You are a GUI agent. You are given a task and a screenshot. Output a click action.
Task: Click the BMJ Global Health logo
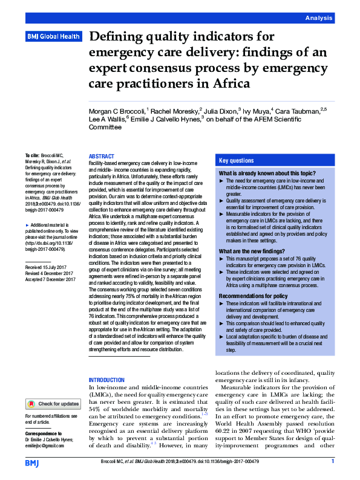(x=53, y=37)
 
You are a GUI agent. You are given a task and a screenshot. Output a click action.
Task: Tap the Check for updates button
(x=53, y=403)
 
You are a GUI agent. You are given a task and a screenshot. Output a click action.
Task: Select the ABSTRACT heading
(x=101, y=156)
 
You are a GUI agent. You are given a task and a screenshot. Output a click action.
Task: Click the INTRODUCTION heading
(x=106, y=379)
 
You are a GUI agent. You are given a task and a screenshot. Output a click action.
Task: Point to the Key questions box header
(x=237, y=161)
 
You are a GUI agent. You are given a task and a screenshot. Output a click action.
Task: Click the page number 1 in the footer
(x=333, y=462)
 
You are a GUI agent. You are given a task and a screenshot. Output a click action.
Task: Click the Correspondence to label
(x=45, y=434)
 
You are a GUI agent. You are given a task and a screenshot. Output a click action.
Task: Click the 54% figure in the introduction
(x=96, y=409)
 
